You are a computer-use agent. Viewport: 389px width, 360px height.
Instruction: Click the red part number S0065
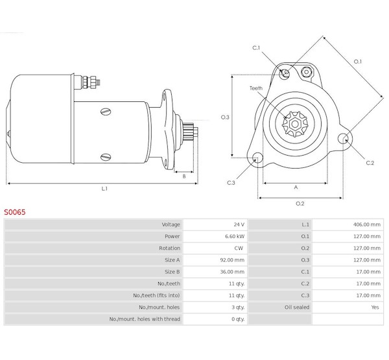15,212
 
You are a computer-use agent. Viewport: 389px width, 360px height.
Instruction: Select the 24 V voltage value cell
239,224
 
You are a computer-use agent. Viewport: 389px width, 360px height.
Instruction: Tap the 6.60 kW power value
235,236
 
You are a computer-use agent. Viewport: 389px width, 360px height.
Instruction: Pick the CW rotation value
239,248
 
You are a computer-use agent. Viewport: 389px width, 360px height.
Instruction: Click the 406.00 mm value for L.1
367,224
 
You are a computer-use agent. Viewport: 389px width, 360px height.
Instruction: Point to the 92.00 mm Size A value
232,260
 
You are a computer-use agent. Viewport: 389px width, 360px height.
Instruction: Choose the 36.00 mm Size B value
232,272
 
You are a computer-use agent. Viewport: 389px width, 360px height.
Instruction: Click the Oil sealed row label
297,307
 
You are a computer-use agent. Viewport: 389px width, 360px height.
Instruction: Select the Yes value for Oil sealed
375,307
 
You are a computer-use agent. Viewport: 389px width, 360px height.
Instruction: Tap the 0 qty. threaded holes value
238,319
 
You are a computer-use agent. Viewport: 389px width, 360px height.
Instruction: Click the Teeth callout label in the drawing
256,88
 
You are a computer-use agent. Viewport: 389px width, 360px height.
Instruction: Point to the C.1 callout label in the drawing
256,47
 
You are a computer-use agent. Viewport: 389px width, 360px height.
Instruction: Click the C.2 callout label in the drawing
370,163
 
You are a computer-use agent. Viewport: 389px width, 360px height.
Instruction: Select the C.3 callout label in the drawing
231,183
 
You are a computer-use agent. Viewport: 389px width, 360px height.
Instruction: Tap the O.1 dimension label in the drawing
358,62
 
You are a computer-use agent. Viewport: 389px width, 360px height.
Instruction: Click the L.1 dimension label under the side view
104,189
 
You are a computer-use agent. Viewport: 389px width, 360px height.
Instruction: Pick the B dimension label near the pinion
184,176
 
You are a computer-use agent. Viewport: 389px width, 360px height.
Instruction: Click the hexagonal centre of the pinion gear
295,124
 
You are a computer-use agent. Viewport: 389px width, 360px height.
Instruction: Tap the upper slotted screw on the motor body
106,112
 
